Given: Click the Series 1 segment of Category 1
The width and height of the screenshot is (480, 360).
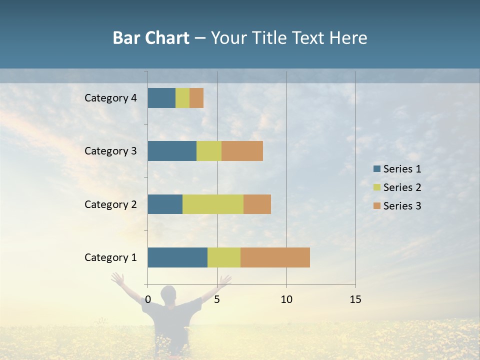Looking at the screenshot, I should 177,257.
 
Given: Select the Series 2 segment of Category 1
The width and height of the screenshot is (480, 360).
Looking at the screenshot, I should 224,257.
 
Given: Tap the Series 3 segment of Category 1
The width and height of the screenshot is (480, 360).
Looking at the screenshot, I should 275,257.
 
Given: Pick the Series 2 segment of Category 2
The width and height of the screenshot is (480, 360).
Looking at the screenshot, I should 213,204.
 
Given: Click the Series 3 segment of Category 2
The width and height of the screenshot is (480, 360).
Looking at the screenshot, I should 257,204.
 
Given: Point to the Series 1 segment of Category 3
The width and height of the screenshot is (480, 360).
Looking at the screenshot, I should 172,151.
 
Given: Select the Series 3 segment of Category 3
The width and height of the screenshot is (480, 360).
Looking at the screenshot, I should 242,151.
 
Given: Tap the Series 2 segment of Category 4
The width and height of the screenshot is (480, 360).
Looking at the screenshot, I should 182,98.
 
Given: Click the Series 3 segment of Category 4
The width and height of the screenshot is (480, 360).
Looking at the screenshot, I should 196,98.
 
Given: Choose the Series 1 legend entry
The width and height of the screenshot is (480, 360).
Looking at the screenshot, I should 397,169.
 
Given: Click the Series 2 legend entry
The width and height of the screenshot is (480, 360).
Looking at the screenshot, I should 397,187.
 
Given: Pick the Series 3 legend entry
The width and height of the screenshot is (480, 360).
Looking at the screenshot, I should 397,206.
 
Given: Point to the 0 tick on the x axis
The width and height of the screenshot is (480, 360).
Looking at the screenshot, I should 148,299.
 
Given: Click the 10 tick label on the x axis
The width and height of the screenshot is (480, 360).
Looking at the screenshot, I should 286,299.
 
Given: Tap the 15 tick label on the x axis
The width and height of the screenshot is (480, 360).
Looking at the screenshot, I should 355,299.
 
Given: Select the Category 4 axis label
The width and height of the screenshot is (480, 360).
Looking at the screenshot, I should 110,98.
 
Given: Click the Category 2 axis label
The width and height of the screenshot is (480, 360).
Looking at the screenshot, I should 110,204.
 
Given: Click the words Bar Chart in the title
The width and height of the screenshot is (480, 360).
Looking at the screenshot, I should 151,38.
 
